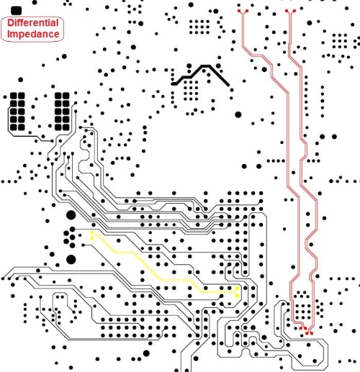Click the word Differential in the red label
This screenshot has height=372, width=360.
point(33,23)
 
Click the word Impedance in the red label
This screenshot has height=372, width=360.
point(33,34)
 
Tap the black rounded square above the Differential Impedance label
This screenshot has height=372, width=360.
point(17,10)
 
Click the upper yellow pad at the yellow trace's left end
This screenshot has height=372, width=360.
point(91,232)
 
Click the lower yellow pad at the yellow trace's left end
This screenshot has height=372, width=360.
point(91,238)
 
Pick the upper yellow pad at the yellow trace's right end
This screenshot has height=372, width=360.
point(238,288)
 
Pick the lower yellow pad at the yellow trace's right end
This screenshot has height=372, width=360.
point(238,296)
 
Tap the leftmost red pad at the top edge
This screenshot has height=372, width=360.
point(239,11)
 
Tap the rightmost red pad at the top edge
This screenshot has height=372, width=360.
point(294,11)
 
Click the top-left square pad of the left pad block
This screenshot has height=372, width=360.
point(14,96)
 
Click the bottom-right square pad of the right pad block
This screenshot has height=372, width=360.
point(66,127)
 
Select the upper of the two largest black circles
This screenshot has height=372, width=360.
point(71,215)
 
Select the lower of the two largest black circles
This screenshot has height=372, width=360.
point(71,260)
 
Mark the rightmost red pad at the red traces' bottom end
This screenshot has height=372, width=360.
point(312,333)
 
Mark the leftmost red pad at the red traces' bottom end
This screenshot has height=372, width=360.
point(301,328)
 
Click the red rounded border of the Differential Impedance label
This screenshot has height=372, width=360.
point(32,17)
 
